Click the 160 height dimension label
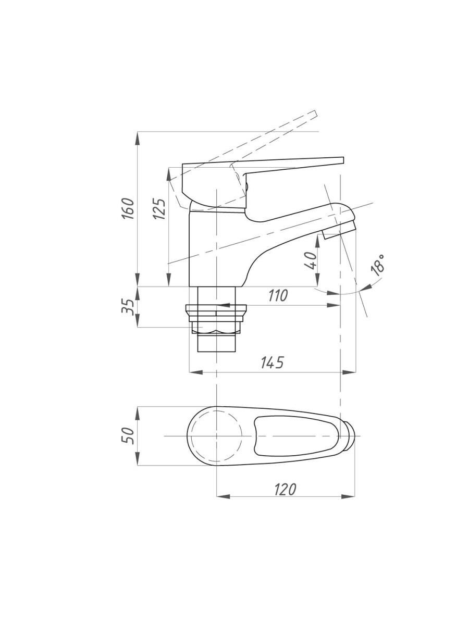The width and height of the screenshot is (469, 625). [128, 208]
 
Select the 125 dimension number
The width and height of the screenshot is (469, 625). [159, 209]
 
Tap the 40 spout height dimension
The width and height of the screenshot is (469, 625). [311, 260]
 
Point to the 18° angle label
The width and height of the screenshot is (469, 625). [378, 265]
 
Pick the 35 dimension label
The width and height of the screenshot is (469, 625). [128, 307]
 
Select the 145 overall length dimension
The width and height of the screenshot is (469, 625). [273, 362]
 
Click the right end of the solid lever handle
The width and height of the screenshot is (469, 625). [343, 160]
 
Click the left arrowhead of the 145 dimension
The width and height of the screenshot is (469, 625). [195, 372]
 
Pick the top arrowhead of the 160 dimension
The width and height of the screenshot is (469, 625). [138, 138]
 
